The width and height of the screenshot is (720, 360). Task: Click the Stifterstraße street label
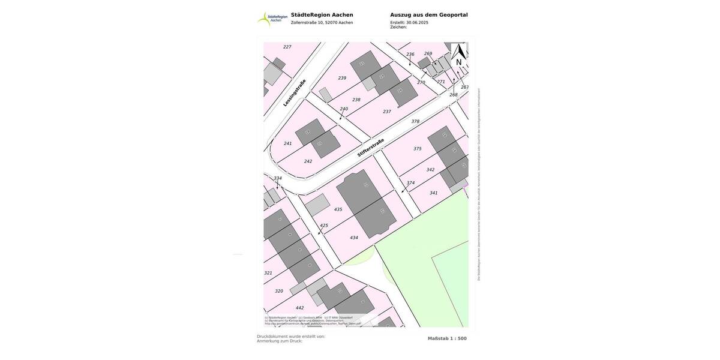click(371, 148)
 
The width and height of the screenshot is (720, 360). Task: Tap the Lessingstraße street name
click(294, 93)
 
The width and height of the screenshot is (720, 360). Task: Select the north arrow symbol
click(459, 55)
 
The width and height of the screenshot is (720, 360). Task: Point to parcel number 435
click(338, 209)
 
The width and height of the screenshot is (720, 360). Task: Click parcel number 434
click(354, 238)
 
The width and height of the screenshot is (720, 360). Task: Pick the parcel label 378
click(415, 121)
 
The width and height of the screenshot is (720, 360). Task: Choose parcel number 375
click(418, 148)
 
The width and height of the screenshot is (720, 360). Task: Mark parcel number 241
click(288, 143)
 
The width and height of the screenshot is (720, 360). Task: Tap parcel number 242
click(308, 161)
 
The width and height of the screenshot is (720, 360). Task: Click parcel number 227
click(287, 47)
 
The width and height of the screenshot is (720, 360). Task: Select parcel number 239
click(342, 78)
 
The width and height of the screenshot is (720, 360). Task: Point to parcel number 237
click(387, 112)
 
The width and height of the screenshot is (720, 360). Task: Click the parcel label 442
click(300, 308)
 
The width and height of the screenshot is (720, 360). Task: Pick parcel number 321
click(268, 273)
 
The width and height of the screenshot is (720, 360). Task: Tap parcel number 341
click(434, 193)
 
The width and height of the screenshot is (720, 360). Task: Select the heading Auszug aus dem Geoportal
click(428, 15)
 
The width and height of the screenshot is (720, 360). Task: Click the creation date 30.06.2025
click(417, 22)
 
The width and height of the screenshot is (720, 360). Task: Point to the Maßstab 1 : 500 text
click(447, 338)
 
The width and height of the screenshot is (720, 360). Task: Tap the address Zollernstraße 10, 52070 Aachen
click(322, 23)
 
